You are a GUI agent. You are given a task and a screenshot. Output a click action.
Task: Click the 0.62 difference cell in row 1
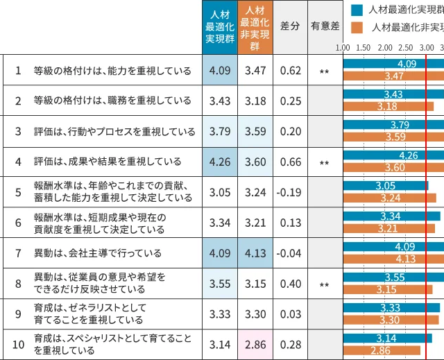[x=290, y=70]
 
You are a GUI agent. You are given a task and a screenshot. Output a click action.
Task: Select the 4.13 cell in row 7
[x=255, y=253]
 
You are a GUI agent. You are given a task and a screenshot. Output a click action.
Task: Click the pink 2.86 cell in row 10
[x=255, y=345]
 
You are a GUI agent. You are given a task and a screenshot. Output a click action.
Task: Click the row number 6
[x=19, y=222]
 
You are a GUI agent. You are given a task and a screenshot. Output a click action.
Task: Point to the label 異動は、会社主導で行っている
[x=98, y=253]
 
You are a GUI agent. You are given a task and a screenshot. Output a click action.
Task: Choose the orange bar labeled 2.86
[x=382, y=350]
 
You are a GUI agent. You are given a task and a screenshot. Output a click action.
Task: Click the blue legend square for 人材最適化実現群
[x=357, y=10]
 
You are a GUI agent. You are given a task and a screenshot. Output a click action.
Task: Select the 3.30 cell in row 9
[x=255, y=314]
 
